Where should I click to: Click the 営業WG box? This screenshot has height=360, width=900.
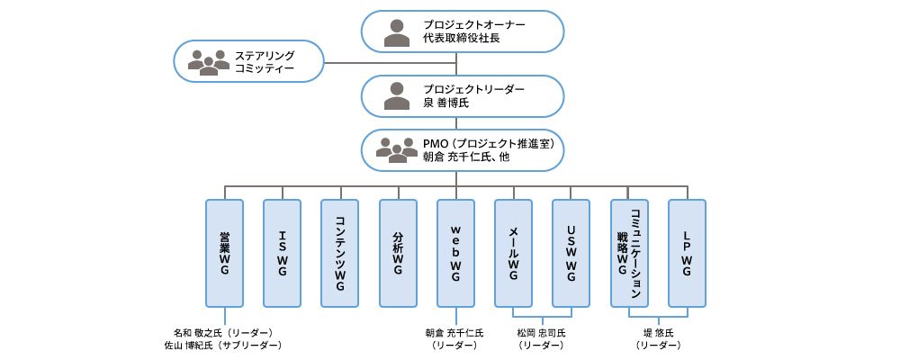[x=225, y=253]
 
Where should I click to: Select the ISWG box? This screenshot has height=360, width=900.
[x=283, y=253]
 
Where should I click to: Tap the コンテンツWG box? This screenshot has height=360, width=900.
[x=340, y=253]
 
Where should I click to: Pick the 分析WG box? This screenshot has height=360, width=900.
[x=398, y=253]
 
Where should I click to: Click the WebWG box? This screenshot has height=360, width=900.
[x=455, y=253]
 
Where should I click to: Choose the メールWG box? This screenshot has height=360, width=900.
[x=513, y=253]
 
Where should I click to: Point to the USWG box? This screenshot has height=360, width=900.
[x=571, y=253]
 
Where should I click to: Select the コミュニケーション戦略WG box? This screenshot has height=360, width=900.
[x=629, y=253]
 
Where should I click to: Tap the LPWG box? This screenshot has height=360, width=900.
[x=687, y=253]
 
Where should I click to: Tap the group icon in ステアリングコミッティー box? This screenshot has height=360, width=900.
[x=208, y=62]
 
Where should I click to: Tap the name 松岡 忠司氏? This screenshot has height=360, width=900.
[x=542, y=332]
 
